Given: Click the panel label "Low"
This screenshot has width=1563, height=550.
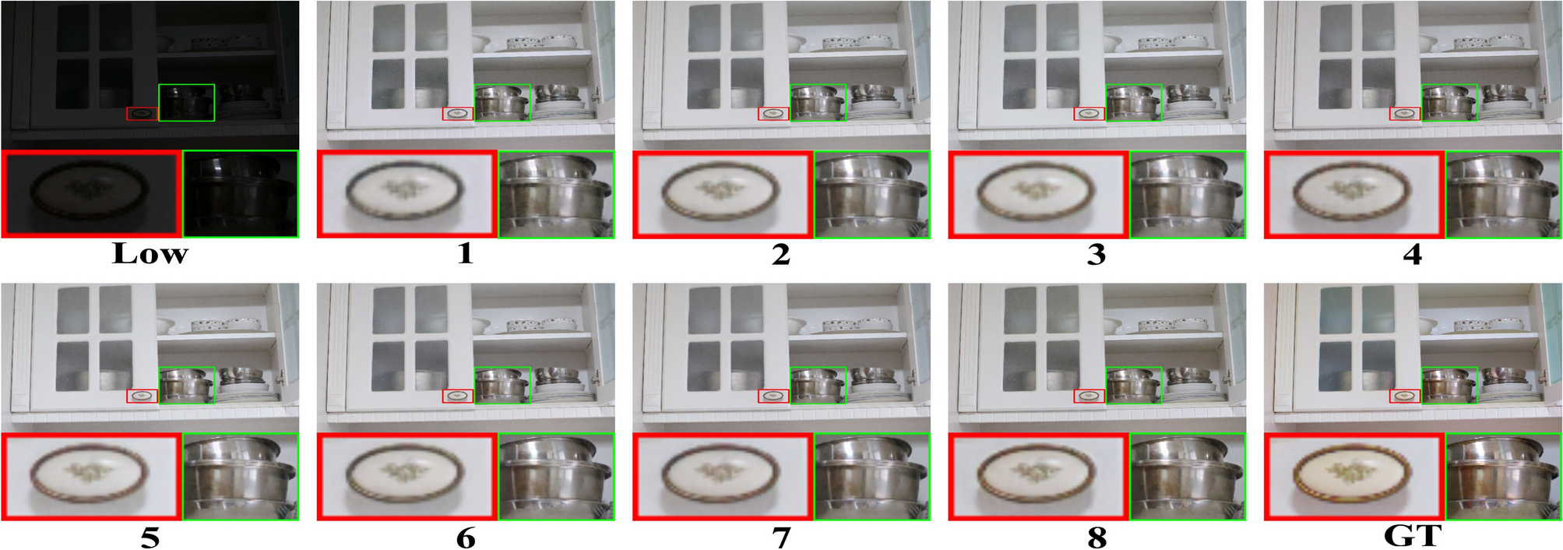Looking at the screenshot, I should (150, 254).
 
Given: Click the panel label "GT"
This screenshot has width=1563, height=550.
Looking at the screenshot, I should (1412, 536).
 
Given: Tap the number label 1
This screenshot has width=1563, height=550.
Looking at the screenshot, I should (465, 254).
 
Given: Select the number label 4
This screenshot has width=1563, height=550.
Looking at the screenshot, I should (1412, 254).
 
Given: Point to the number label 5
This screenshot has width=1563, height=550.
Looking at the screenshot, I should (150, 538).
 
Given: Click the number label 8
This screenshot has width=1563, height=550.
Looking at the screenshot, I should (1097, 538).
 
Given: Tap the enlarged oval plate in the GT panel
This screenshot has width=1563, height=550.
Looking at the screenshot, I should (1352, 474).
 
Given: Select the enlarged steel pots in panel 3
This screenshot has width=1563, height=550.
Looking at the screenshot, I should (1187, 195).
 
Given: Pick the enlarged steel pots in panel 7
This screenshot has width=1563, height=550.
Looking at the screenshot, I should (871, 477).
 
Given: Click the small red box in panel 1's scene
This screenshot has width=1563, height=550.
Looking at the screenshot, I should (458, 114).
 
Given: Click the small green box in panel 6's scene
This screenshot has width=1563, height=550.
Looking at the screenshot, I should (502, 385).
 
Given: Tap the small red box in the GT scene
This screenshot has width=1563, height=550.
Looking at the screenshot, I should (1405, 397).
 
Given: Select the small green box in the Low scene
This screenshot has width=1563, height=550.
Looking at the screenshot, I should (186, 103).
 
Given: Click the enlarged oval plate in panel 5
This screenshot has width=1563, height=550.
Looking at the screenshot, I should (90, 474).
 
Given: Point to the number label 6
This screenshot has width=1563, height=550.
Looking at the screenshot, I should (465, 538).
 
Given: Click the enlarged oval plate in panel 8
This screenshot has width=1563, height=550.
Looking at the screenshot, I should (1036, 474).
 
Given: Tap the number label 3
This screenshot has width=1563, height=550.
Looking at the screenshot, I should (1097, 254).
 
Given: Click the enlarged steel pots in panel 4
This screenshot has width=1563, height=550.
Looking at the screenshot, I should (1503, 195).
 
